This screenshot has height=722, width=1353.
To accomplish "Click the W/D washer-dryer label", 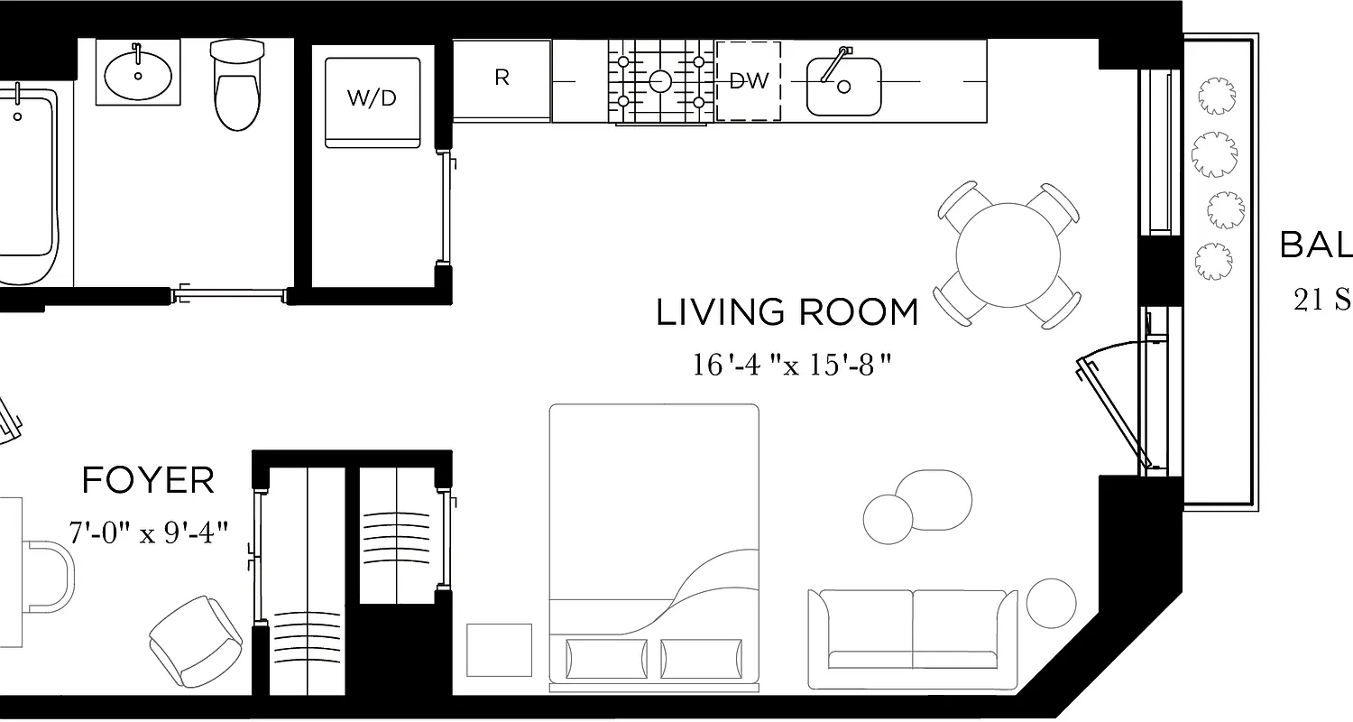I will tap(372, 98).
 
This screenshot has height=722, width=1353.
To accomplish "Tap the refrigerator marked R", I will tap(502, 79).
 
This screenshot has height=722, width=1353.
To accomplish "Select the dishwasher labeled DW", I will tap(749, 81).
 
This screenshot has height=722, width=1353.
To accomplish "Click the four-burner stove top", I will tap(660, 81).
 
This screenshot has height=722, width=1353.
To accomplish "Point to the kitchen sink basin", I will tap(843, 87).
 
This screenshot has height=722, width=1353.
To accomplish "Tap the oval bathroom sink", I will tap(138, 75).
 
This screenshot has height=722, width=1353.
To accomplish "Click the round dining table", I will tap(1008, 255).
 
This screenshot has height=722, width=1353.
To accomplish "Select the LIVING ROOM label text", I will tap(787, 312).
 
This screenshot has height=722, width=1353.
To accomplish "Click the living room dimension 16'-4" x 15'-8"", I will tap(792, 365).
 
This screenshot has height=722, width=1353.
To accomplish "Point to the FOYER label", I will tap(149, 481).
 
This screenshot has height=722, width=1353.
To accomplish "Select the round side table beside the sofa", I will tap(1051, 603).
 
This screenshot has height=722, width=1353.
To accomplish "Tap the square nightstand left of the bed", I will tap(499, 650).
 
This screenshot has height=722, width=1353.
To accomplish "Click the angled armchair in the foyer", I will tap(195, 641).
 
